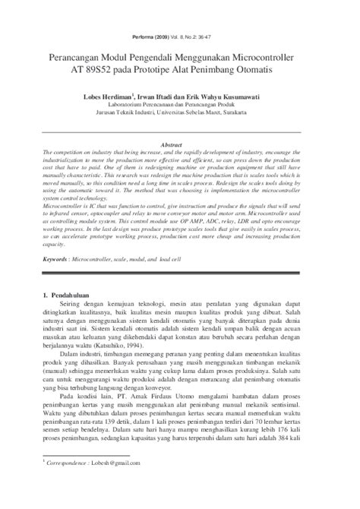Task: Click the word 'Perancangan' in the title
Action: pos(87,57)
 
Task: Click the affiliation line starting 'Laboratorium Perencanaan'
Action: pos(180,107)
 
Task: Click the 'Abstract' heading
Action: pos(180,144)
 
